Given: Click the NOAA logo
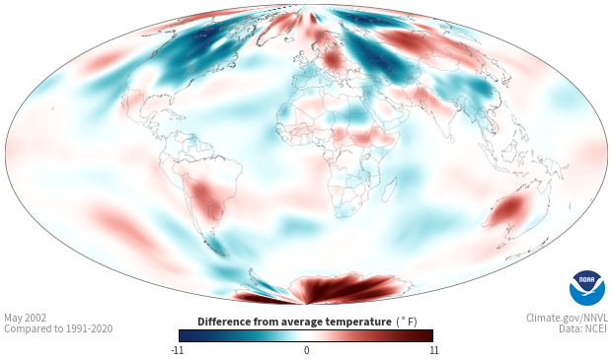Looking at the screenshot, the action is click(x=587, y=287).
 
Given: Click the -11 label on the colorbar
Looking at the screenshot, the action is click(x=177, y=350).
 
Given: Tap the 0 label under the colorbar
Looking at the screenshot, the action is click(x=306, y=350).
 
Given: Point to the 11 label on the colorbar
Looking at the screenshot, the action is click(x=433, y=350).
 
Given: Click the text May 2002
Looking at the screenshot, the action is click(x=25, y=318).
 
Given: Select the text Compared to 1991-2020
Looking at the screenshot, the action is click(x=58, y=328).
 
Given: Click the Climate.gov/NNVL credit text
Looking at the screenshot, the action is click(x=567, y=318).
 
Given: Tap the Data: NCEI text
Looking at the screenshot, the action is click(x=583, y=328).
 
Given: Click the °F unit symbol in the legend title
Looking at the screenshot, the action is click(x=407, y=323).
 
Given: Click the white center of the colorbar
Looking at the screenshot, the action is click(x=306, y=335).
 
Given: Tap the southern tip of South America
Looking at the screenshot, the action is click(x=222, y=254).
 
